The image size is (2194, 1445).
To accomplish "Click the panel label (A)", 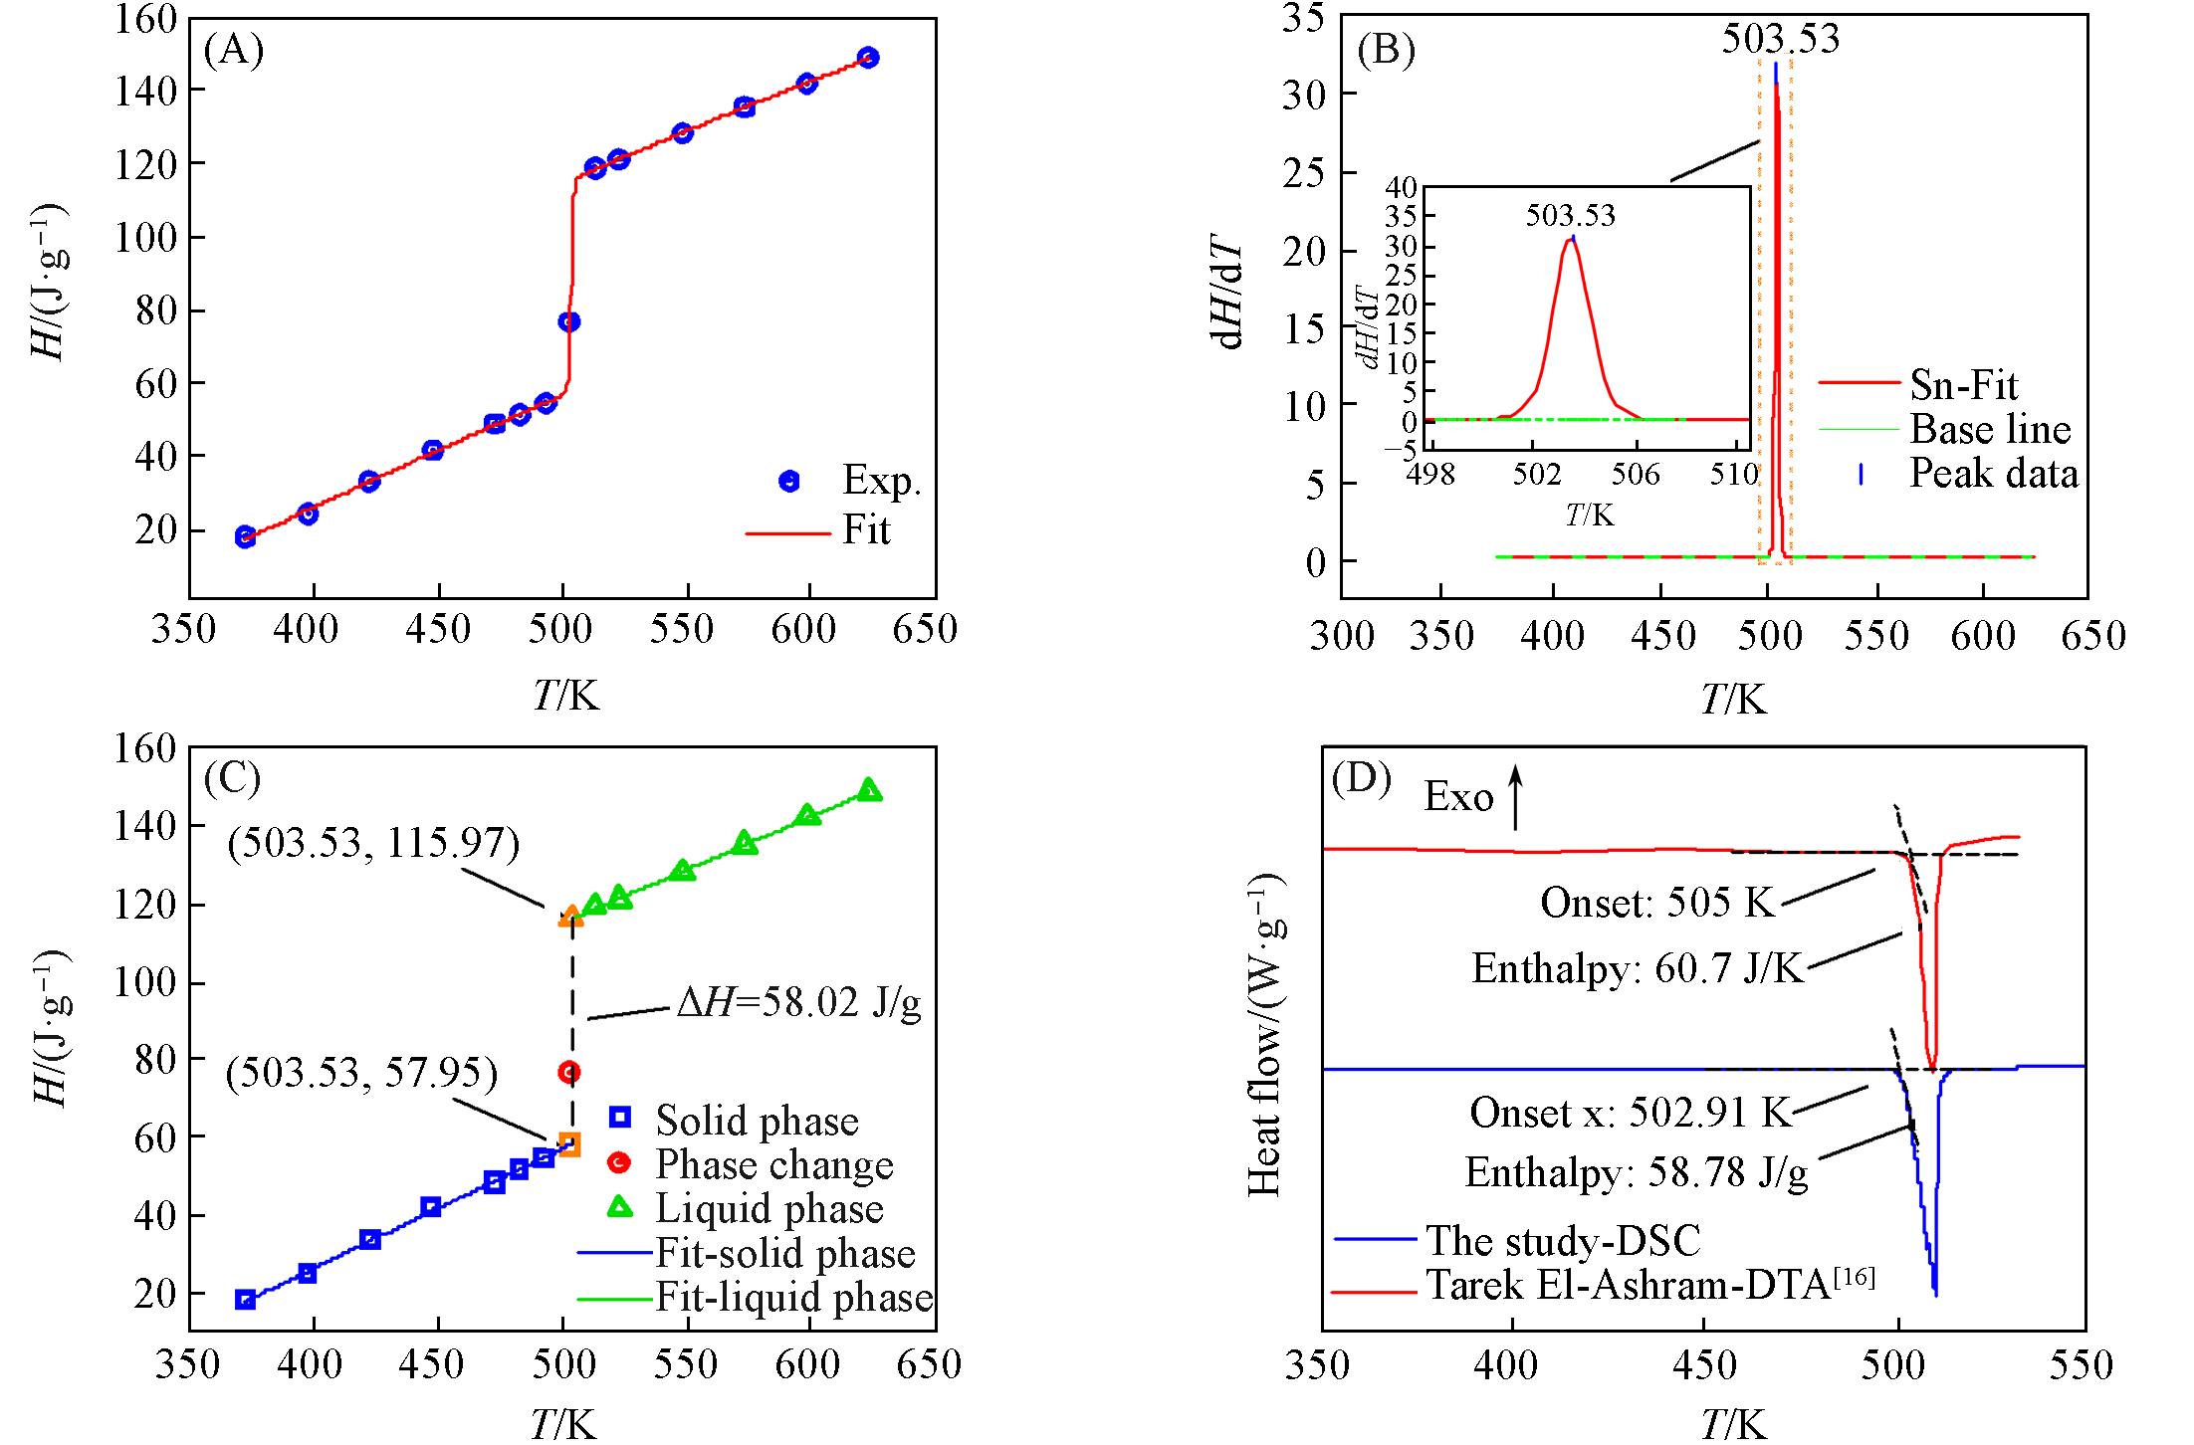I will coord(233,50).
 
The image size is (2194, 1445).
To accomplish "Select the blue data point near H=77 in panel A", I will coord(568,321).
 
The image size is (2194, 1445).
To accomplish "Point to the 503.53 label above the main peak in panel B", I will coord(1781,40).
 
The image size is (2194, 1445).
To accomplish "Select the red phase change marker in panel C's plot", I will coord(569,1072).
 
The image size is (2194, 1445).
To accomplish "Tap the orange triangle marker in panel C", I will coord(570,916).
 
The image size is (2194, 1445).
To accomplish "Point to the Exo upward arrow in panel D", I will coord(1515,796).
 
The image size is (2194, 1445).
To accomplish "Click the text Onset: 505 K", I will coord(1657,903).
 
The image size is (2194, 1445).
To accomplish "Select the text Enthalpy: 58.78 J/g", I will coord(1637,1173).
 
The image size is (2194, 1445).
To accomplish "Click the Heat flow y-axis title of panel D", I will coord(1265,1035).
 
